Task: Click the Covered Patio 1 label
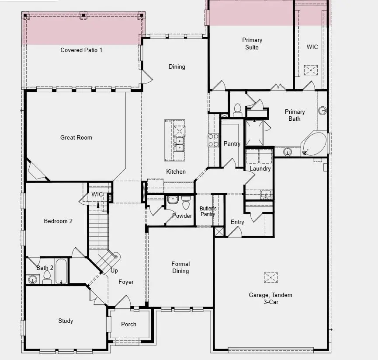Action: pos(81,50)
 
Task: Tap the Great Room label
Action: pos(76,137)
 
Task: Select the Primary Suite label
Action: pos(252,44)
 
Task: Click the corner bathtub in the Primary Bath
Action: pos(314,143)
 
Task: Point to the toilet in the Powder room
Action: pos(186,203)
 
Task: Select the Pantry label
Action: pos(232,143)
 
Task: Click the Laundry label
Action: pos(260,168)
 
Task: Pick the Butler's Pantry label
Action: pos(208,211)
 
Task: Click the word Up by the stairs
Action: pos(114,270)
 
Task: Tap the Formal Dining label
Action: pos(180,267)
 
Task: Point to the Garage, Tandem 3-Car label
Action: pos(270,298)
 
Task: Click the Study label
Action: pos(66,321)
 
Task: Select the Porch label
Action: pos(128,324)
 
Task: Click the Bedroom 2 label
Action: pos(58,221)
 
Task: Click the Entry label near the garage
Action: pos(237,222)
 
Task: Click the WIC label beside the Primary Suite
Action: pos(312,47)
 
